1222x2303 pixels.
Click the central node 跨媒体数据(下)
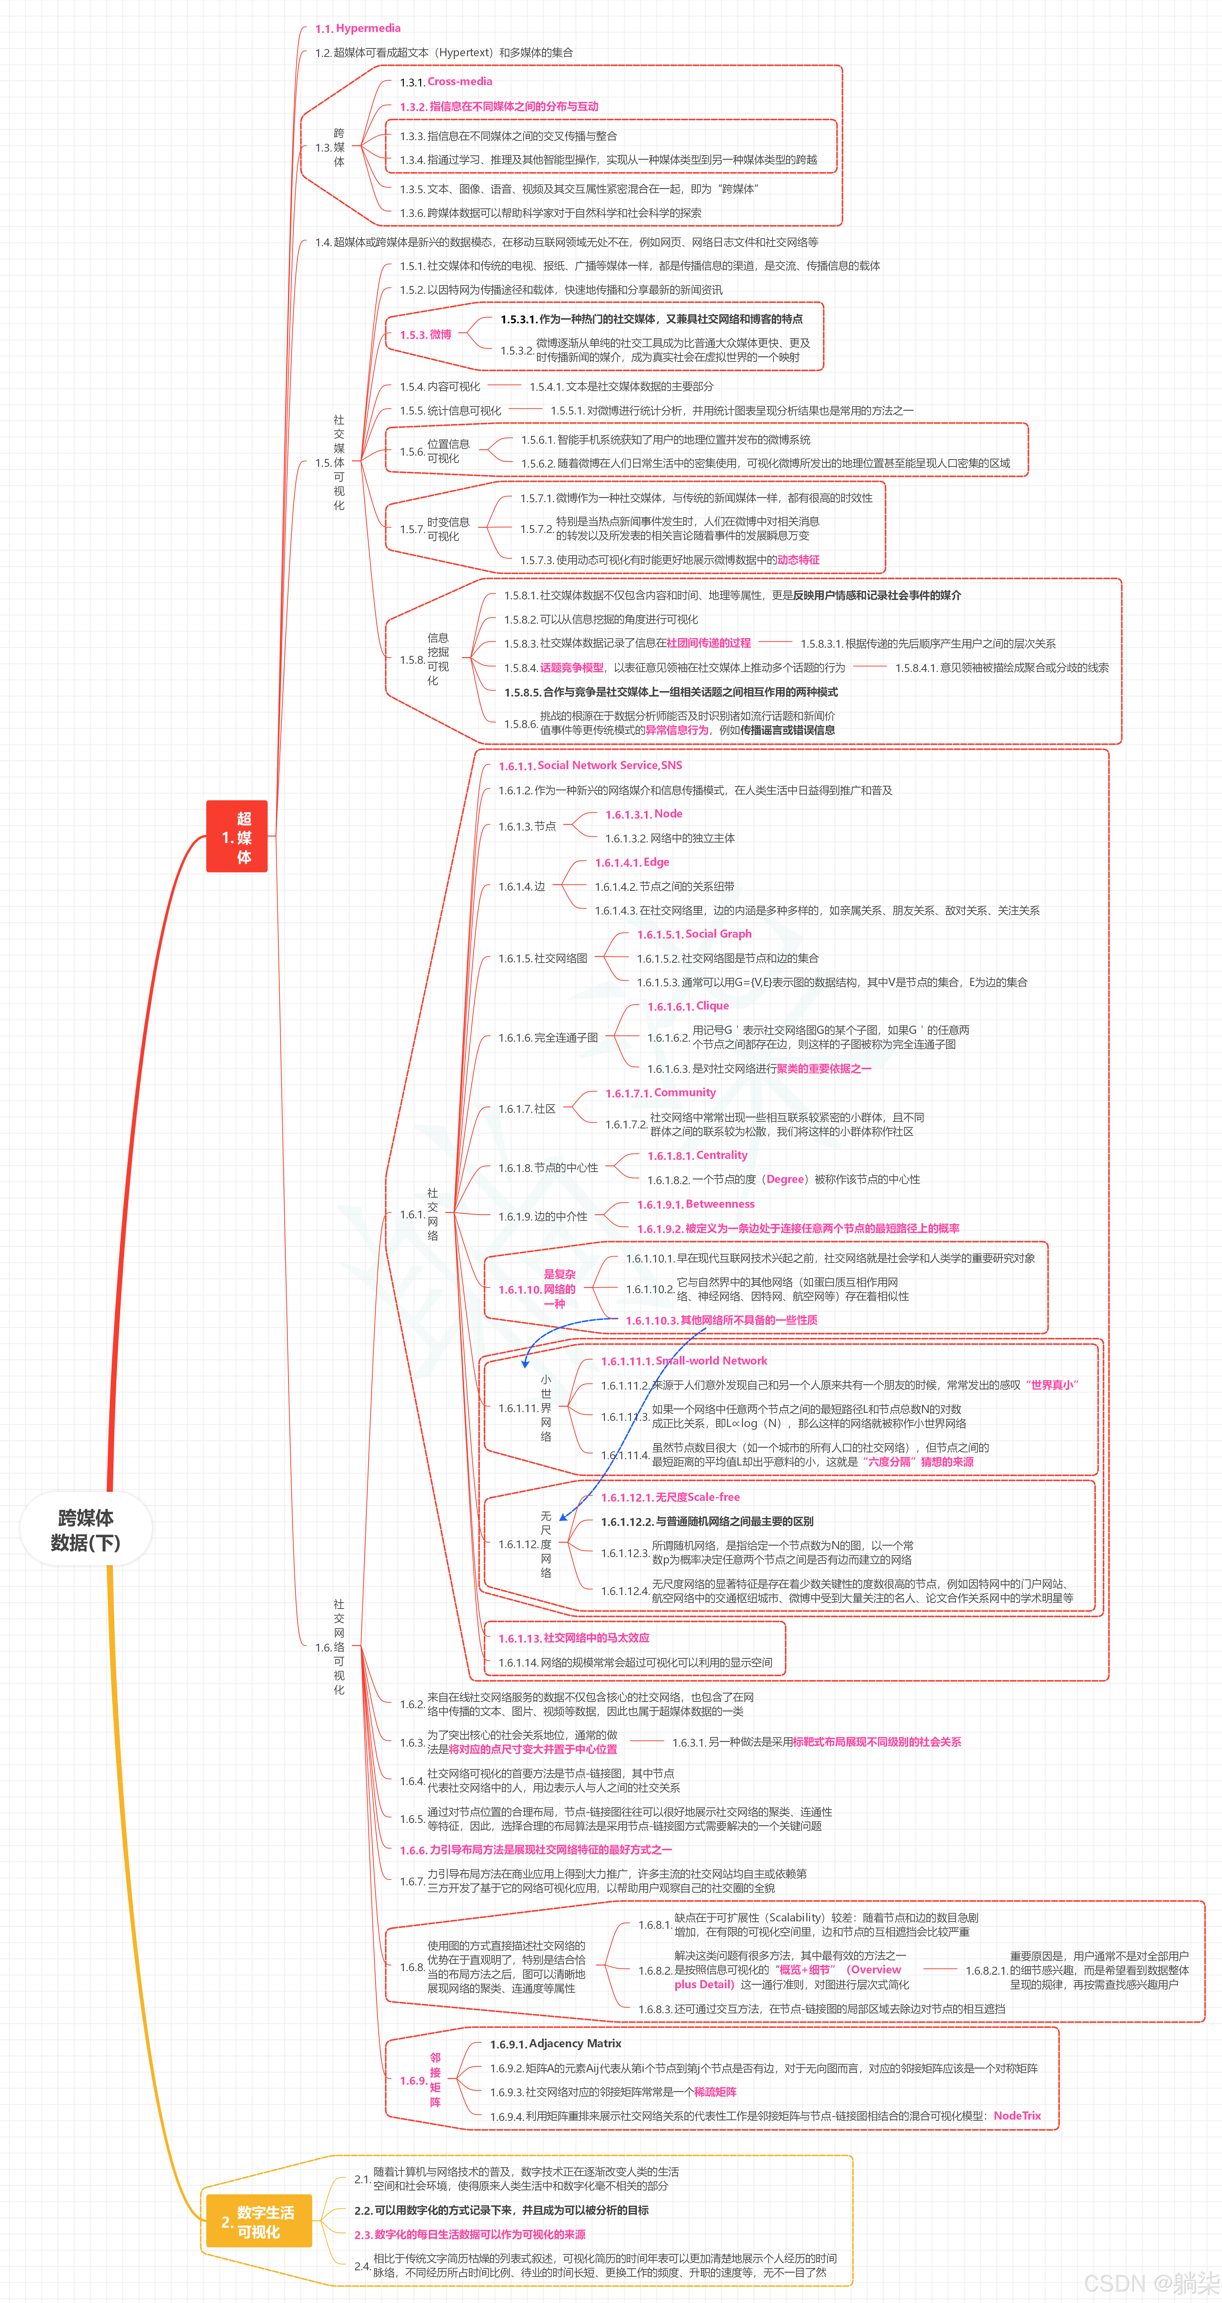[86, 1530]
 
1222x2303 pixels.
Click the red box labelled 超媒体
[237, 837]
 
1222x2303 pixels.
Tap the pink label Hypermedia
[368, 28]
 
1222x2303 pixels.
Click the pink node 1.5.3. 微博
[426, 334]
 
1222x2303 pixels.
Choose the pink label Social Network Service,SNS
[610, 765]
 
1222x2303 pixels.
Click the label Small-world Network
[711, 1361]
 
